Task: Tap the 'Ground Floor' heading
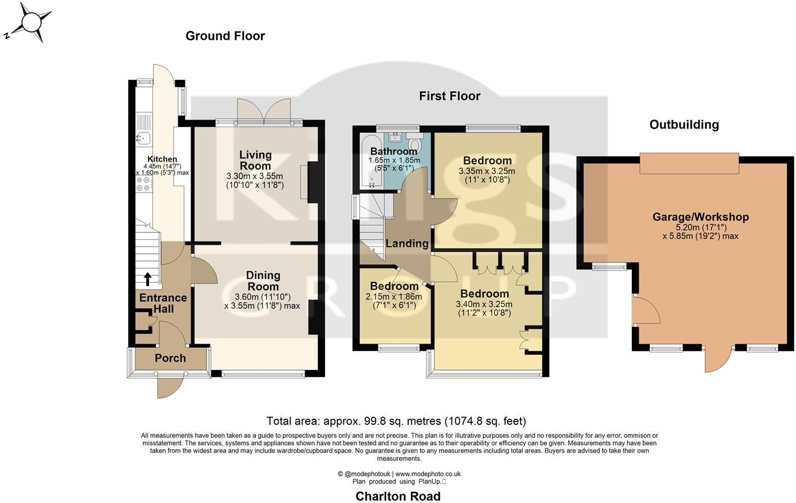(225, 36)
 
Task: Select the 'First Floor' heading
(450, 96)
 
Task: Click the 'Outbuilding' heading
(684, 125)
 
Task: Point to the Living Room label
(255, 160)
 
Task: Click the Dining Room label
(263, 281)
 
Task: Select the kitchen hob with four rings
(143, 184)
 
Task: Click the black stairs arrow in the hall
(148, 279)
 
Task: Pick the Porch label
(170, 358)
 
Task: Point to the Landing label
(407, 244)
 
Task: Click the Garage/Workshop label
(700, 217)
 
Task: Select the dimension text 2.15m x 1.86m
(394, 296)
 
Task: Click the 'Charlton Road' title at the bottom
(398, 496)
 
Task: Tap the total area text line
(396, 421)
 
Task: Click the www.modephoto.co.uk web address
(428, 474)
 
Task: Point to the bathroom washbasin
(396, 136)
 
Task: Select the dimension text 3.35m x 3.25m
(487, 171)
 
